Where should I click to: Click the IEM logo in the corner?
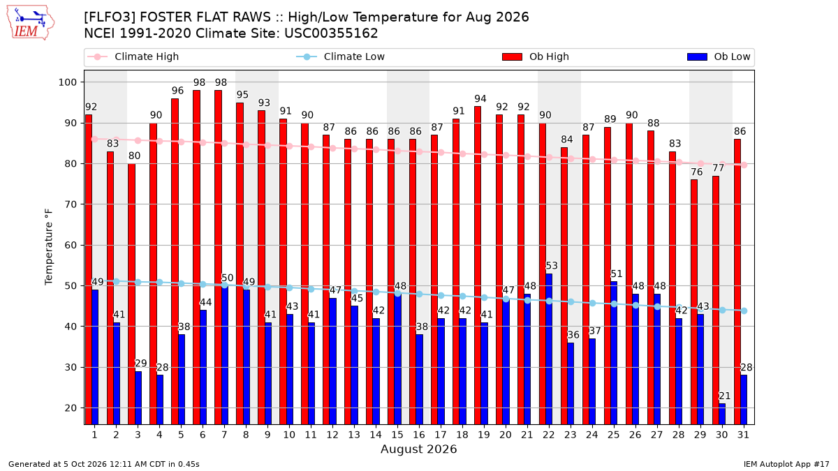31,23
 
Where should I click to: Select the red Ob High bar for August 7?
219,257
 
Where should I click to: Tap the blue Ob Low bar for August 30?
722,414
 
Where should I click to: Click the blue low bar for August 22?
549,349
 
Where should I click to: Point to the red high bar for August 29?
694,302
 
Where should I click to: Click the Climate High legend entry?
133,57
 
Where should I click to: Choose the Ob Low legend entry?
719,57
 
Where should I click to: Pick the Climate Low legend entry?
341,57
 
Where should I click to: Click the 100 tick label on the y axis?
68,82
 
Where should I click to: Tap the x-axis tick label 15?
397,435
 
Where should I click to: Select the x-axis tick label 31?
743,435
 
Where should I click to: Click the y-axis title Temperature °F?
49,247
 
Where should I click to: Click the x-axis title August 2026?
418,449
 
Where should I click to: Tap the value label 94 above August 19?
480,98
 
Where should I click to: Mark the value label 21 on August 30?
725,396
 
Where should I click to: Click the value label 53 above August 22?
552,266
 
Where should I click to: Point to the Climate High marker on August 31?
744,165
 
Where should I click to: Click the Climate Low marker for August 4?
160,282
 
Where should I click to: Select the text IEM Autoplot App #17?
786,464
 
